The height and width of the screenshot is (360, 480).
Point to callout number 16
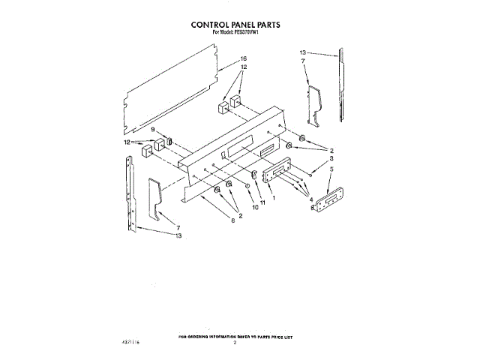click(x=244, y=59)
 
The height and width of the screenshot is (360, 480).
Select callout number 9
click(x=153, y=130)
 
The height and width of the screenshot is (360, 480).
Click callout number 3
click(x=331, y=159)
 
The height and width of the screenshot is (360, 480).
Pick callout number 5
click(x=331, y=170)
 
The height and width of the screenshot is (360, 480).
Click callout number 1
click(x=274, y=198)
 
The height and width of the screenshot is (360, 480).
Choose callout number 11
click(x=263, y=202)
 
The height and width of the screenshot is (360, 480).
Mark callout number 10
click(x=254, y=207)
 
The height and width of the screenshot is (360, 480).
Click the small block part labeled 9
click(x=169, y=141)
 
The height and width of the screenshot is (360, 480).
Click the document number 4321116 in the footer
click(x=131, y=342)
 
